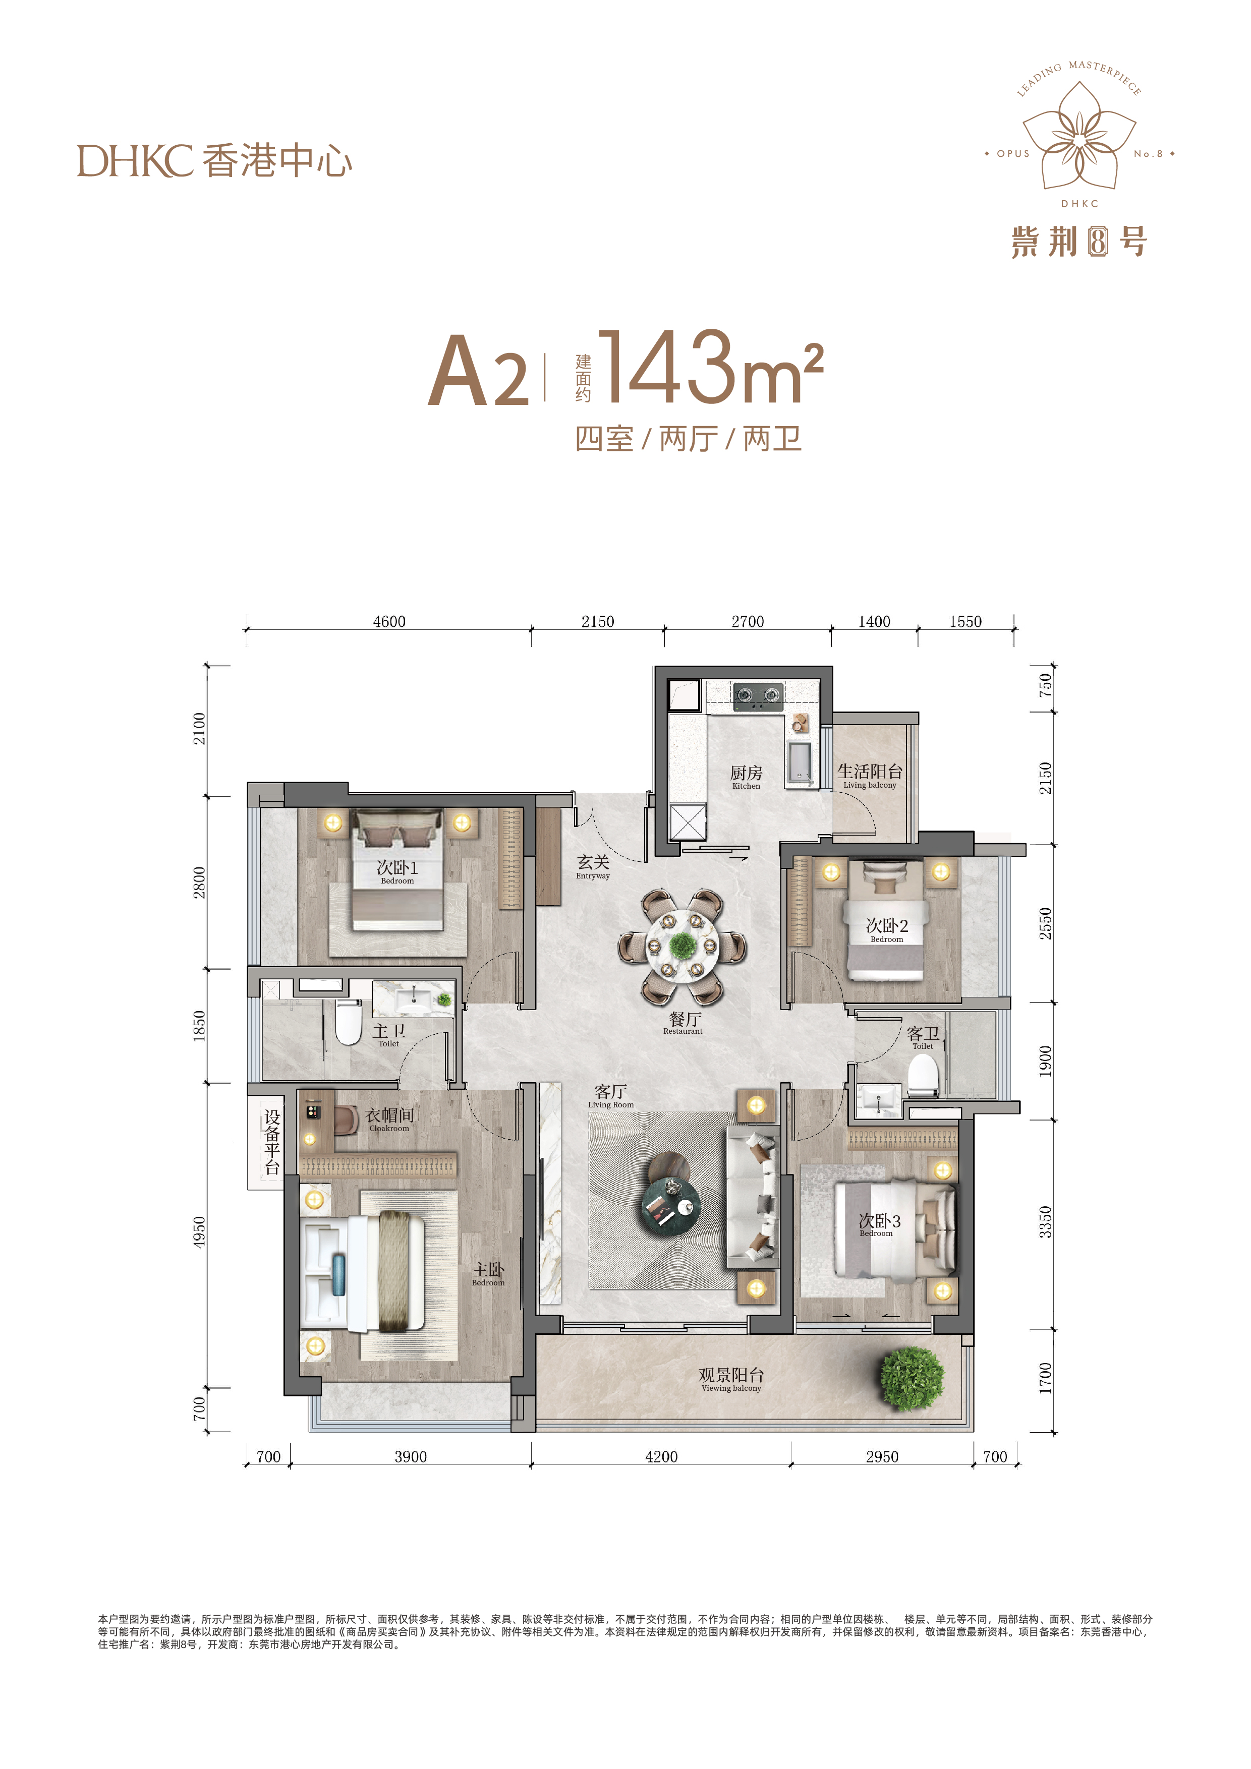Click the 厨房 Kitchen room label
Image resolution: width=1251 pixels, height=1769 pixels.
click(x=746, y=777)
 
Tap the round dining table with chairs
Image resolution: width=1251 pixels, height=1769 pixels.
click(x=682, y=946)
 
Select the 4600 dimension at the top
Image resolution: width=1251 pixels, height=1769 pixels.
click(x=389, y=622)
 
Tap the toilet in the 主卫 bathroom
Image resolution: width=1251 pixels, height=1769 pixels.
click(x=349, y=1022)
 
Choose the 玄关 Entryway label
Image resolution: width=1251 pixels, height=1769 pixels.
click(x=593, y=866)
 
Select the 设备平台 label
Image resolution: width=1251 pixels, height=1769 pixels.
click(x=272, y=1142)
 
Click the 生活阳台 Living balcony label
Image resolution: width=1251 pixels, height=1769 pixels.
click(x=870, y=775)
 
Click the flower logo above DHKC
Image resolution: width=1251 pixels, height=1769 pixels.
click(x=1079, y=137)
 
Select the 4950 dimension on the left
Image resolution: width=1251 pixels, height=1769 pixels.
click(x=200, y=1232)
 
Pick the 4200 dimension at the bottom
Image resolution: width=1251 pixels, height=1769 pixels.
click(x=661, y=1457)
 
